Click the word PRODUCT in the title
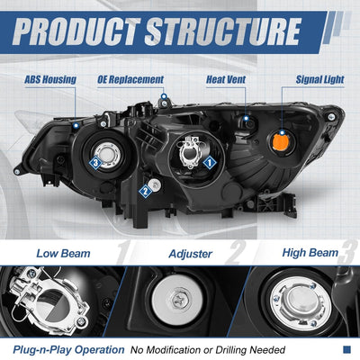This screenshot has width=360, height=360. [x=77, y=31]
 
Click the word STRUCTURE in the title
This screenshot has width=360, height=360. [x=223, y=31]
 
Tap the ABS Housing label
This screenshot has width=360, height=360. [x=50, y=80]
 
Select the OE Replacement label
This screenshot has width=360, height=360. [x=130, y=80]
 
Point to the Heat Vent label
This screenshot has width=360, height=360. [x=226, y=80]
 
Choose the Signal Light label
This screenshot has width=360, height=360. [x=319, y=80]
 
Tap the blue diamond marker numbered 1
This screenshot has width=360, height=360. [x=210, y=163]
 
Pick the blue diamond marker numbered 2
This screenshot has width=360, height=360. [x=146, y=191]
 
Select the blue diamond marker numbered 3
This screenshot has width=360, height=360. [x=95, y=163]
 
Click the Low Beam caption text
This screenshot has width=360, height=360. [x=63, y=254]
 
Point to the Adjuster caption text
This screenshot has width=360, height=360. [x=191, y=254]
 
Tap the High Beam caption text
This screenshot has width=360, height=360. [x=310, y=253]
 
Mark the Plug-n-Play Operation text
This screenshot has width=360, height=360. [x=68, y=350]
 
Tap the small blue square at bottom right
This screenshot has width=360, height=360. [x=346, y=349]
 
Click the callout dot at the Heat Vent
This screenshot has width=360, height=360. [x=246, y=118]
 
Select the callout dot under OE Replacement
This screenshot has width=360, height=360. [x=164, y=96]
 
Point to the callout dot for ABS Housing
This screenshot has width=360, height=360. [x=76, y=125]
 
